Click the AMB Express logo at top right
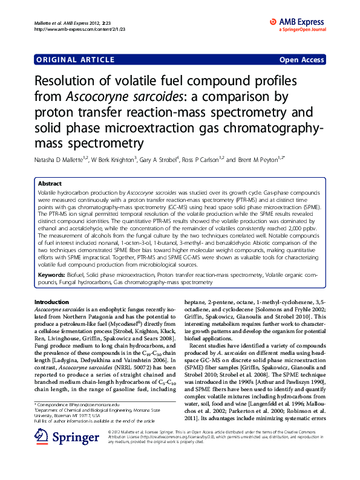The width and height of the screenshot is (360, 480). pos(298,24)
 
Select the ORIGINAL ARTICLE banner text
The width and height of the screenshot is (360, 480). pos(76,60)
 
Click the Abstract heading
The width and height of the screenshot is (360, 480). pos(50,183)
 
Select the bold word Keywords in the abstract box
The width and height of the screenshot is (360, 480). pos(53,275)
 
